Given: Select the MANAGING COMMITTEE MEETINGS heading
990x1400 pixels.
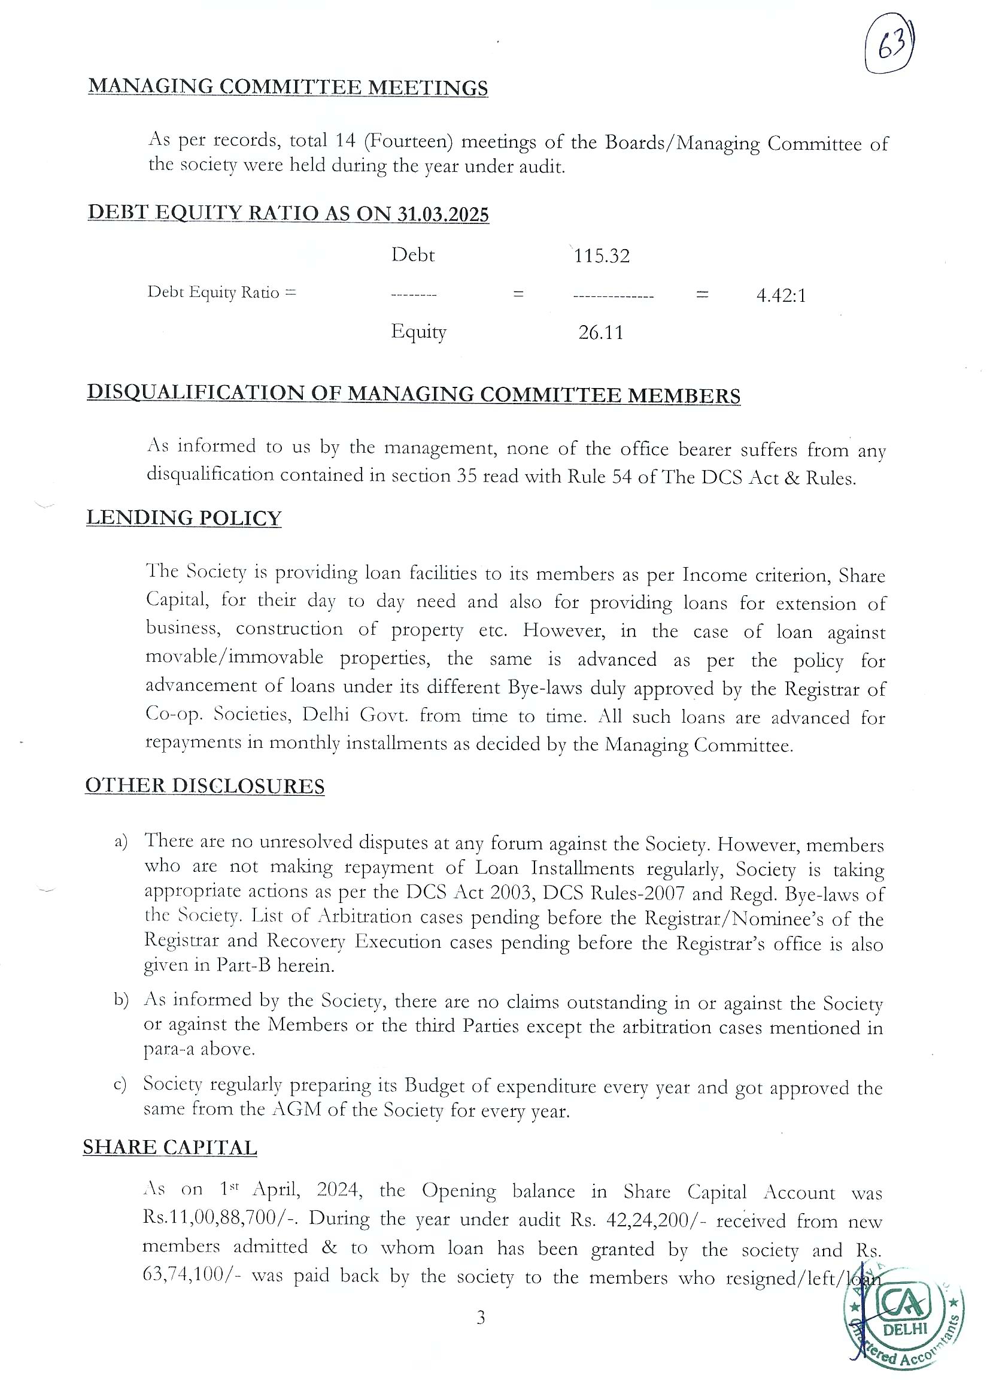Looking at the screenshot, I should tap(288, 87).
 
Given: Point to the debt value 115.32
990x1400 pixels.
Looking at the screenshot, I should tap(602, 256).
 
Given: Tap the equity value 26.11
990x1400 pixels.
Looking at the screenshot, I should tap(601, 333).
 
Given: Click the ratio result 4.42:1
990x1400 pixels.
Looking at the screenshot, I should tap(781, 296).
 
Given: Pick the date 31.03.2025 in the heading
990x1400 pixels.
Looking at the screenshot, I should tap(443, 214).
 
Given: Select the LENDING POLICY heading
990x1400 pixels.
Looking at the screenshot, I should tap(184, 518).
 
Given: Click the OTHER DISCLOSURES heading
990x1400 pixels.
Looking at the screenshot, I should tap(204, 786).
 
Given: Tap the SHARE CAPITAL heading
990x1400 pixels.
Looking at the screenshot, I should tap(169, 1147).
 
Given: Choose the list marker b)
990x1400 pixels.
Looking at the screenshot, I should tap(121, 1000).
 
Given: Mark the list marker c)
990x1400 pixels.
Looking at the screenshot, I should tap(120, 1085).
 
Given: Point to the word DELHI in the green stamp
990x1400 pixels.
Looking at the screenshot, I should tap(904, 1329).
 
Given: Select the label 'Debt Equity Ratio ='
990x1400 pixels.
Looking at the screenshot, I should tap(221, 292).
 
